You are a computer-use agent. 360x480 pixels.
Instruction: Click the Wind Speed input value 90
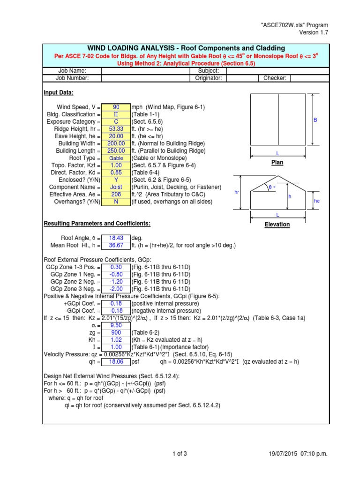116,107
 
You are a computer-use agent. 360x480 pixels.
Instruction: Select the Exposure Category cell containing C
116,121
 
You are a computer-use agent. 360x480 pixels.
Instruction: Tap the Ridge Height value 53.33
116,129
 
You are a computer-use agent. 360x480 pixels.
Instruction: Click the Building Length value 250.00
116,150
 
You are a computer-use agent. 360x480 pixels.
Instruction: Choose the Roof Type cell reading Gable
116,158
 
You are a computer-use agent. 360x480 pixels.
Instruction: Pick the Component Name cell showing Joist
116,187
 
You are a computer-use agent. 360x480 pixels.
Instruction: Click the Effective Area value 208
116,194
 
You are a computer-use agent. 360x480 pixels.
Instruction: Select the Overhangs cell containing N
116,202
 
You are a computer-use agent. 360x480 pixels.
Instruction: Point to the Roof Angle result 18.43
116,238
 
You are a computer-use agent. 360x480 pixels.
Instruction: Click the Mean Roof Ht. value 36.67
116,245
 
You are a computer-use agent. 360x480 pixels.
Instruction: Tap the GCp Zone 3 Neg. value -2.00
116,289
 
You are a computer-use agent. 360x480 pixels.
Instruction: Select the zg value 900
116,332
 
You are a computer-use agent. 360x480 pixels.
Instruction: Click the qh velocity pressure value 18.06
116,361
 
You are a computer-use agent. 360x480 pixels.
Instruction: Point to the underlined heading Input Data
59,92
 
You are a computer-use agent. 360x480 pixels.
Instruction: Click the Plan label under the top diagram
277,163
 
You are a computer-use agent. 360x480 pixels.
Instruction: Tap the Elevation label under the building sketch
277,225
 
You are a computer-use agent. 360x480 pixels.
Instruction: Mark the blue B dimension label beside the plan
315,120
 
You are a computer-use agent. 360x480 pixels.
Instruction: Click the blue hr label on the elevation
236,192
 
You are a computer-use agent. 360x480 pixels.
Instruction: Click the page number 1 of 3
180,453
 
